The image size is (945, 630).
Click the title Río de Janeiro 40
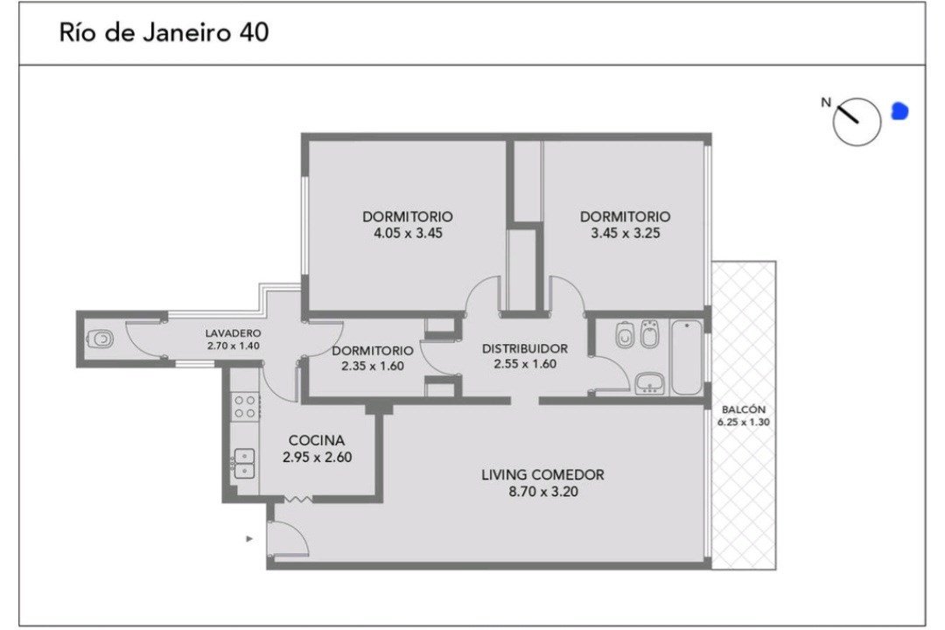pyautogui.click(x=164, y=32)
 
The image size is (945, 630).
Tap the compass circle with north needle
pyautogui.click(x=857, y=121)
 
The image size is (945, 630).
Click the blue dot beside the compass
pyautogui.click(x=899, y=111)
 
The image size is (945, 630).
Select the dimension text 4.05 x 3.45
pyautogui.click(x=408, y=234)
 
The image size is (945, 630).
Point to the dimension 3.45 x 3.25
pyautogui.click(x=626, y=234)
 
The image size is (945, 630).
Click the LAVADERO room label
pyautogui.click(x=233, y=332)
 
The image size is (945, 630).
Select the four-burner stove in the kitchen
pyautogui.click(x=245, y=406)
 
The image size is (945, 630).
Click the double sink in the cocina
pyautogui.click(x=245, y=464)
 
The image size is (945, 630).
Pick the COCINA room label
pyautogui.click(x=317, y=441)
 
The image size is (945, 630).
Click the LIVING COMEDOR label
pyautogui.click(x=542, y=475)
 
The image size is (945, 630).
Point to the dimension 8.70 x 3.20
pyautogui.click(x=543, y=492)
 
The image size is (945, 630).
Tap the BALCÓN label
pyautogui.click(x=744, y=409)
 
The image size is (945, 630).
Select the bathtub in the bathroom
pyautogui.click(x=687, y=358)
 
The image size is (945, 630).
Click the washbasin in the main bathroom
pyautogui.click(x=649, y=384)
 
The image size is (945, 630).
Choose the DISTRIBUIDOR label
pyautogui.click(x=525, y=348)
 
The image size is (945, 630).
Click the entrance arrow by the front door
pyautogui.click(x=249, y=538)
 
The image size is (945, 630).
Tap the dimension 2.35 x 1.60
pyautogui.click(x=373, y=366)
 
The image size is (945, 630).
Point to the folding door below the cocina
pyautogui.click(x=297, y=499)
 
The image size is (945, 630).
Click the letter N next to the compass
pyautogui.click(x=826, y=102)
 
